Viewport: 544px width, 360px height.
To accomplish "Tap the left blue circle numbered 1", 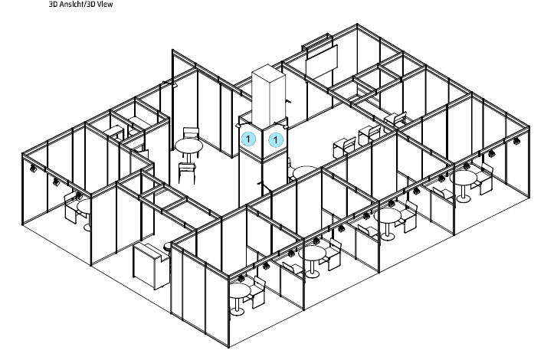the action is point(248,139).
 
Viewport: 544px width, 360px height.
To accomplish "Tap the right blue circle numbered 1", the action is point(276,140).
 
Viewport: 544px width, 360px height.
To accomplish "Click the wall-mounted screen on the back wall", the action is point(321,60).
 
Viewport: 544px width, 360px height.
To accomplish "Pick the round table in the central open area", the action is point(188,150).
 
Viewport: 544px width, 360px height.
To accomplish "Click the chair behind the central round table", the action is point(191,133).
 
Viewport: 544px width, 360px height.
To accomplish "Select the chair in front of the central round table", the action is point(187,172).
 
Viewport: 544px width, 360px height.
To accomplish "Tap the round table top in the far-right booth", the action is point(463,178).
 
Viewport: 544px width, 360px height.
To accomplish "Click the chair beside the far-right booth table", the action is point(484,178).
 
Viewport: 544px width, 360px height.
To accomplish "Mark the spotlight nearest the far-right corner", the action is point(517,140).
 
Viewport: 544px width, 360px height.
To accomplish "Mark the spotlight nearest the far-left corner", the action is point(33,169).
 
